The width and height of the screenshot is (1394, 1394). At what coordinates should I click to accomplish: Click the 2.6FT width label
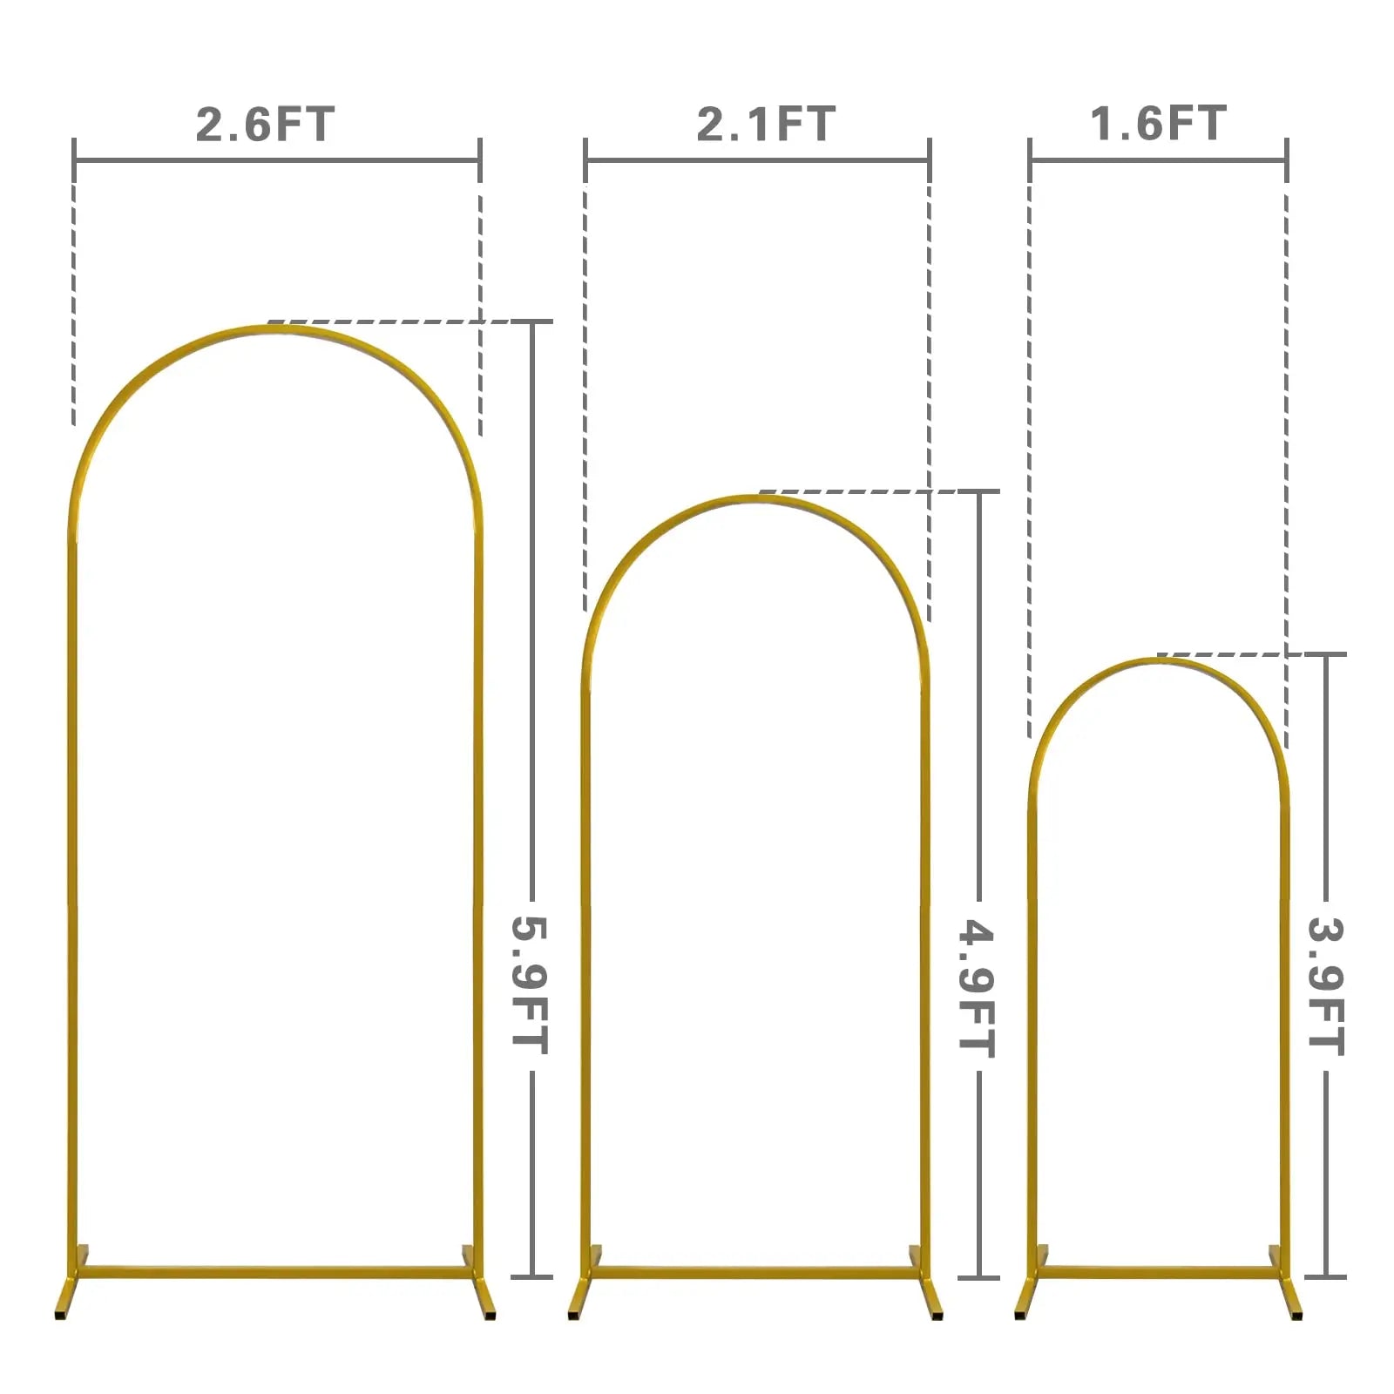[x=265, y=124]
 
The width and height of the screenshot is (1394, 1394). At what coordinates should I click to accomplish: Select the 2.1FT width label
[x=766, y=124]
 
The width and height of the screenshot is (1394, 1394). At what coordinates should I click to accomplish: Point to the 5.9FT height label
[x=530, y=985]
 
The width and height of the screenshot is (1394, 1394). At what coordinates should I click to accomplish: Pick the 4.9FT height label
[x=977, y=988]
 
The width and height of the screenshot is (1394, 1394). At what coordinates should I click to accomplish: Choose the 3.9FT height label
[x=1326, y=986]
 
